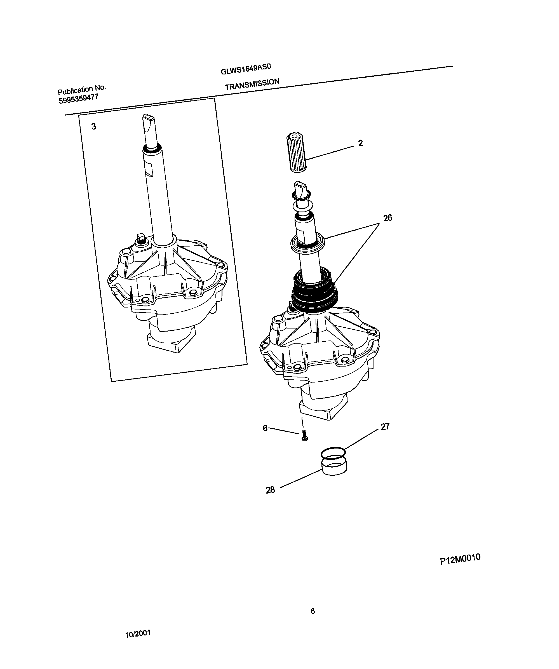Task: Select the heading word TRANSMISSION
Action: [252, 84]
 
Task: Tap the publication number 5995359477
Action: [78, 99]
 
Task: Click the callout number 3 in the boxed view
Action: [93, 126]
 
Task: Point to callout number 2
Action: [360, 143]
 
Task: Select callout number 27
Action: [385, 427]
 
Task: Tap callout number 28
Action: [270, 490]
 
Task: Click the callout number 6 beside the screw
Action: [265, 428]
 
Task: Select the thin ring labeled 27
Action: [333, 452]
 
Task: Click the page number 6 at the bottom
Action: [313, 611]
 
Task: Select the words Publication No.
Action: [82, 90]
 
